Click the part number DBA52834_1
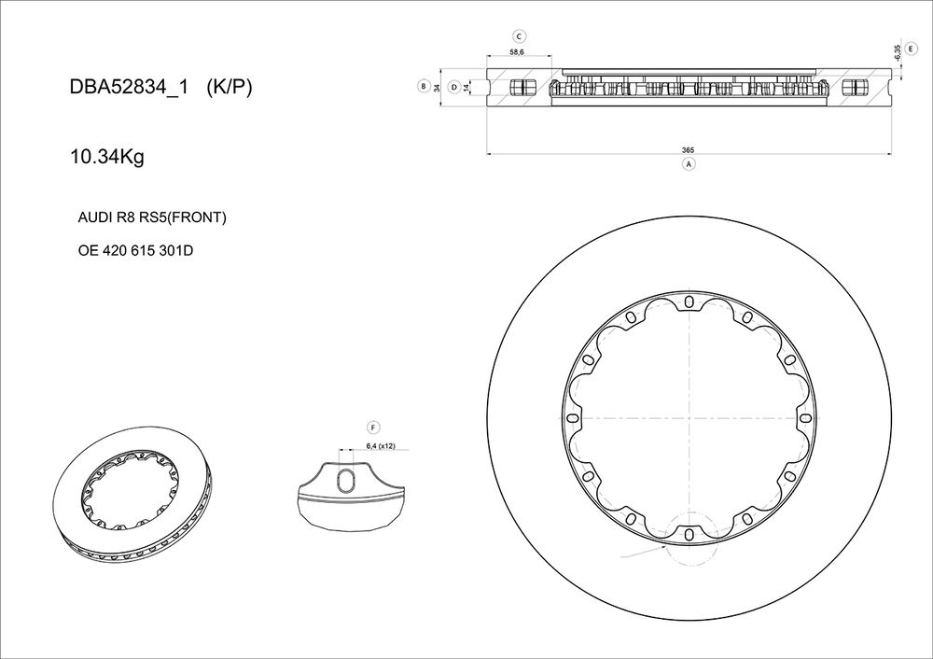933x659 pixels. point(129,87)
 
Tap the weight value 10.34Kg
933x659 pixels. point(107,158)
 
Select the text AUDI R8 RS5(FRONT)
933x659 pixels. point(152,217)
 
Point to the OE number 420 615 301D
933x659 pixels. point(135,250)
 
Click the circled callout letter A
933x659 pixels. point(689,163)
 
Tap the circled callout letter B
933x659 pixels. point(423,86)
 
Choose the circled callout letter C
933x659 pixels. point(520,37)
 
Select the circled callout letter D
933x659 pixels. point(454,87)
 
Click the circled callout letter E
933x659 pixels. point(911,49)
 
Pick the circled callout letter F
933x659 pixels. point(374,428)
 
